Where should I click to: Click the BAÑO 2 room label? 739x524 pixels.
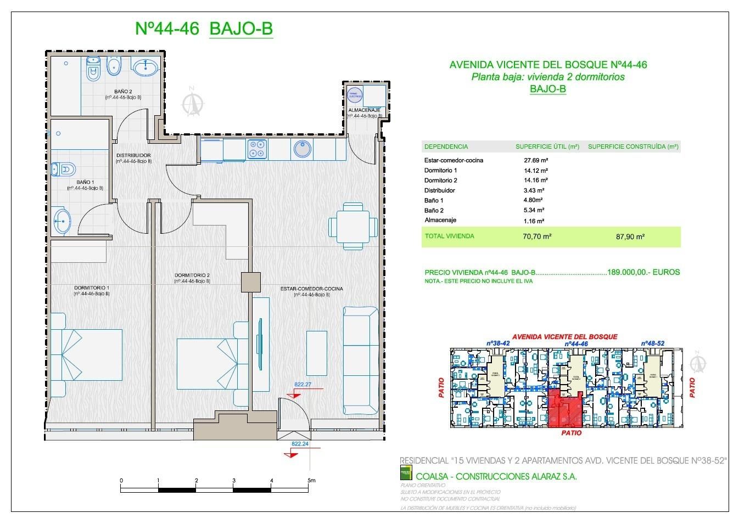click(x=123, y=92)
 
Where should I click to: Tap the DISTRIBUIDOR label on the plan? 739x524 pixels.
click(x=133, y=155)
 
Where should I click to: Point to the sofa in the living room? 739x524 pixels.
click(x=361, y=360)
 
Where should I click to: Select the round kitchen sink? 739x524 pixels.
click(x=302, y=149)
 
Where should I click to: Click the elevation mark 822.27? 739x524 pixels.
click(x=303, y=385)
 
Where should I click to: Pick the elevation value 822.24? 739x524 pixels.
click(x=300, y=444)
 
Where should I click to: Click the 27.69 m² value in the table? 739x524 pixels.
click(x=536, y=160)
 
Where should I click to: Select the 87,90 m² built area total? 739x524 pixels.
click(x=631, y=237)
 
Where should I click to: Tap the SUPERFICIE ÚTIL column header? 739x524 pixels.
click(x=547, y=147)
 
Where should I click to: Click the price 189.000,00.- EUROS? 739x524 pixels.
click(x=643, y=272)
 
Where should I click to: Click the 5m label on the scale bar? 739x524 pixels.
click(x=311, y=481)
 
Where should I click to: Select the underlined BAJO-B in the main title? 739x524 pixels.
click(x=241, y=29)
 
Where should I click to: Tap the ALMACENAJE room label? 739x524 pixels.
click(x=364, y=110)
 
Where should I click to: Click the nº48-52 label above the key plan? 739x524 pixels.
click(x=652, y=343)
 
